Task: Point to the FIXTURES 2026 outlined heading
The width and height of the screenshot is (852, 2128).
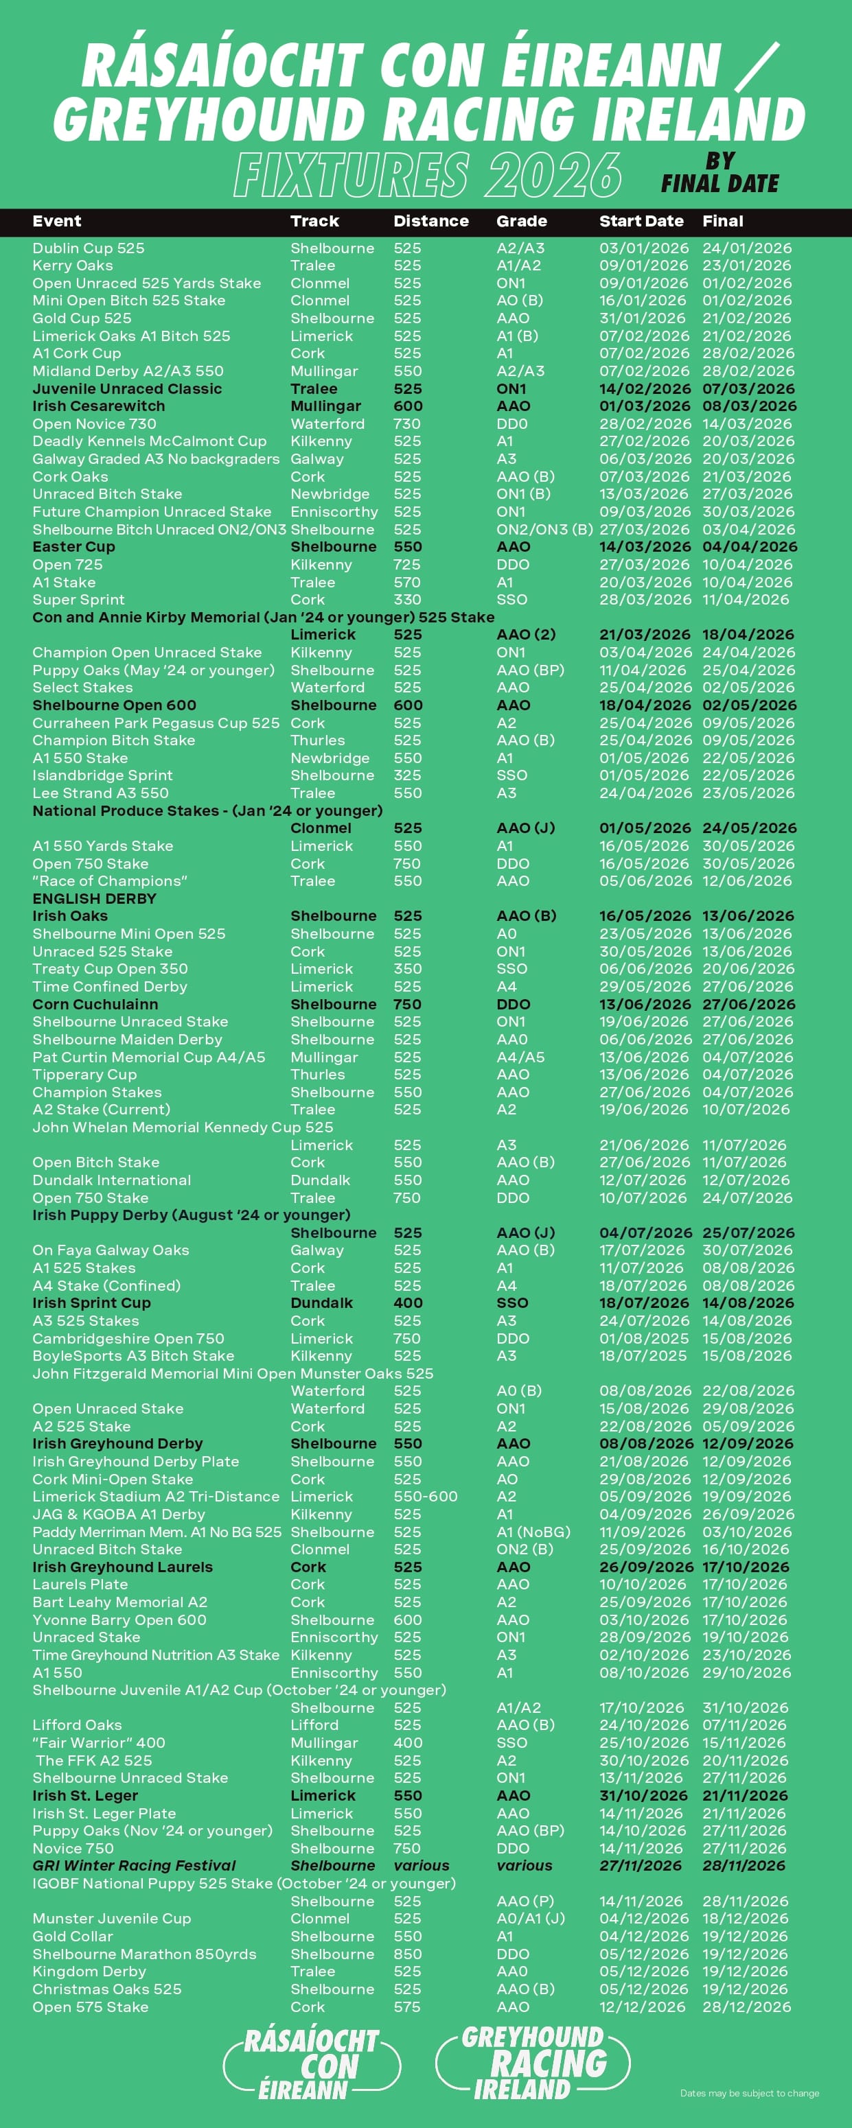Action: (427, 174)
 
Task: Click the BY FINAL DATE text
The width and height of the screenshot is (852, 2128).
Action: (719, 173)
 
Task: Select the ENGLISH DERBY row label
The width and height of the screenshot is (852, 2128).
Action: (94, 899)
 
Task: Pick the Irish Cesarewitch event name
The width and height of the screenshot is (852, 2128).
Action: (98, 406)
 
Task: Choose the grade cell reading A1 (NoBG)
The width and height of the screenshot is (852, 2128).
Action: (533, 1532)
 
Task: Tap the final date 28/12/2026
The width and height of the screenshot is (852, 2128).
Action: (746, 2007)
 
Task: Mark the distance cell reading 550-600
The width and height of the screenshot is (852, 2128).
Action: (425, 1497)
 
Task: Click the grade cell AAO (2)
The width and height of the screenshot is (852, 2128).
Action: (526, 635)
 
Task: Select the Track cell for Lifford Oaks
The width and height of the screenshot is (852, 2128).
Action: (314, 1725)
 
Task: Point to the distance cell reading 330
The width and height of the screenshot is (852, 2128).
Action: (406, 600)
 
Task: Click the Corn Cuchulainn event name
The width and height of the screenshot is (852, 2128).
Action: (95, 1005)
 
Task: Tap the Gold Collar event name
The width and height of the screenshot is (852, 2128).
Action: (73, 1937)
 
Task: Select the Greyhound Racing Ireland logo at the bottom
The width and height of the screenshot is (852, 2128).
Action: (532, 2063)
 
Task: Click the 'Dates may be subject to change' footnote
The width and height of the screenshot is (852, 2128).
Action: (749, 2093)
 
